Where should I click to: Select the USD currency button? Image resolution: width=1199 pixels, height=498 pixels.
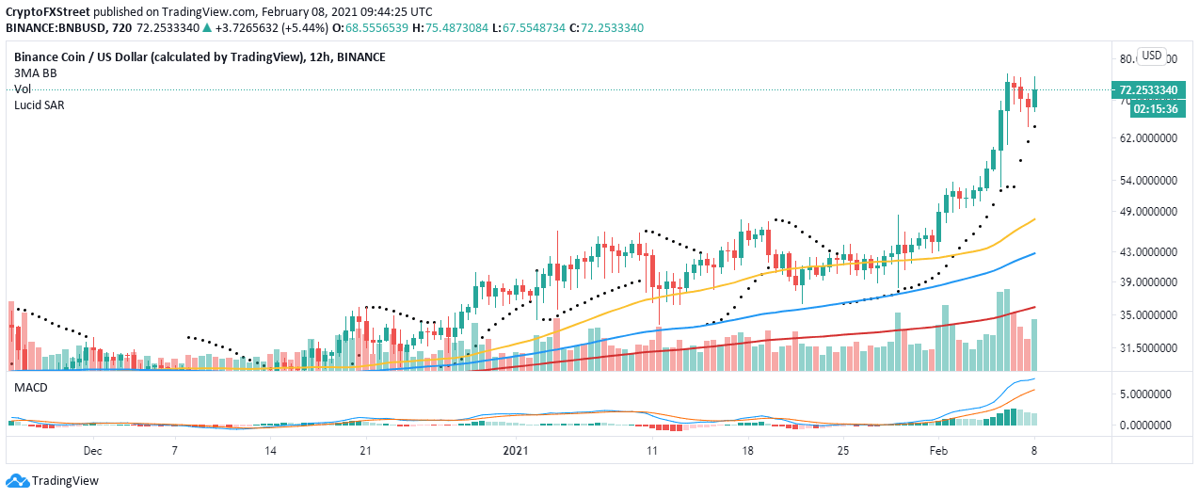point(1152,55)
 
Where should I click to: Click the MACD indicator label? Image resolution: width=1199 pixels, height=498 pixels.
point(30,388)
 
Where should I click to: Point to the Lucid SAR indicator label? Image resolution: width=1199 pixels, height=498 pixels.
point(39,105)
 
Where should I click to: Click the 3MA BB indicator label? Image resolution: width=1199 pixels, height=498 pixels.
point(36,73)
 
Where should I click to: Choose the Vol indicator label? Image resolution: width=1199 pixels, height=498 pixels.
point(23,89)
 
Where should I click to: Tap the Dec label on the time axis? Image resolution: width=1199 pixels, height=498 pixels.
point(91,451)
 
